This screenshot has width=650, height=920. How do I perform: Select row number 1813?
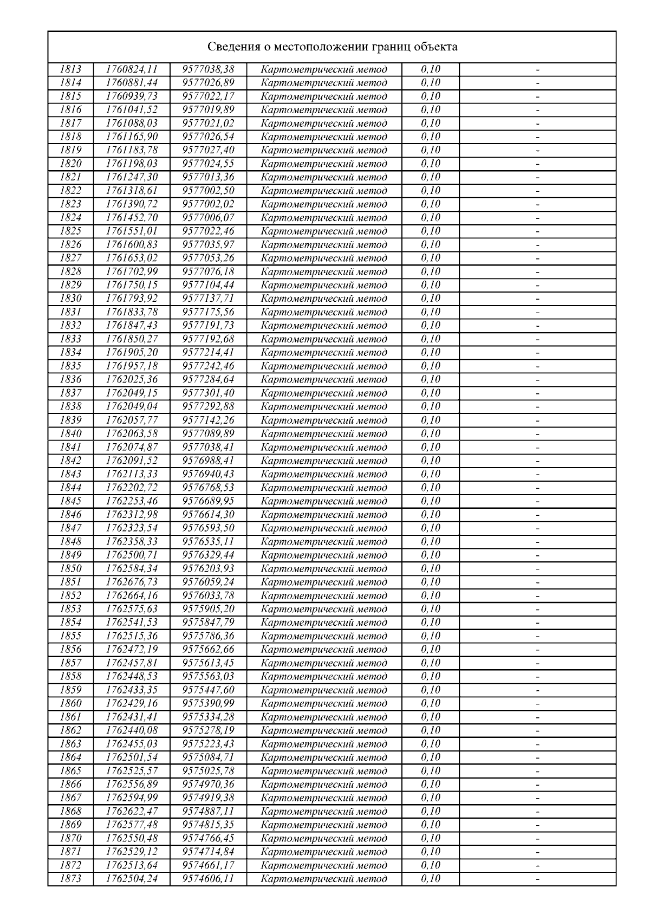[x=70, y=69]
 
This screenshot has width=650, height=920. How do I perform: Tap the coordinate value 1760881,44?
[x=132, y=83]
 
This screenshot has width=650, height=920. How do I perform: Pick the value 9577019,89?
[x=209, y=110]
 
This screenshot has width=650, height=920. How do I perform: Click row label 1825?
[x=70, y=231]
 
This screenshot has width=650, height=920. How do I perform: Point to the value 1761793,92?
[x=132, y=299]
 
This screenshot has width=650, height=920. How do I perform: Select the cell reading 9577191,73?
[x=209, y=326]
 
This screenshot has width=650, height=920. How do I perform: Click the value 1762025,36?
[x=132, y=379]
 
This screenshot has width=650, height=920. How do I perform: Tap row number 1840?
[x=70, y=433]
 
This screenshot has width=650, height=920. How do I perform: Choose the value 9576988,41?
[x=209, y=461]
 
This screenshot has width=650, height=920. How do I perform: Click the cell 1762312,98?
[x=132, y=515]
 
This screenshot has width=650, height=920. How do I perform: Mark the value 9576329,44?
[x=209, y=555]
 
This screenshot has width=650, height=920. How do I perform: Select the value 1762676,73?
[x=132, y=582]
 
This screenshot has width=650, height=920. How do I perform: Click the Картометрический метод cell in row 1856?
[x=324, y=650]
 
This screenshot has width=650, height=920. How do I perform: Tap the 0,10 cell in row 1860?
[x=431, y=703]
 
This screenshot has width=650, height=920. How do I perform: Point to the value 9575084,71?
[x=209, y=757]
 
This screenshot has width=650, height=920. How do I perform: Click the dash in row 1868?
[x=538, y=812]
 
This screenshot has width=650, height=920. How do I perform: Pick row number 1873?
[x=70, y=879]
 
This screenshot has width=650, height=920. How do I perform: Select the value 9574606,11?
[x=209, y=879]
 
